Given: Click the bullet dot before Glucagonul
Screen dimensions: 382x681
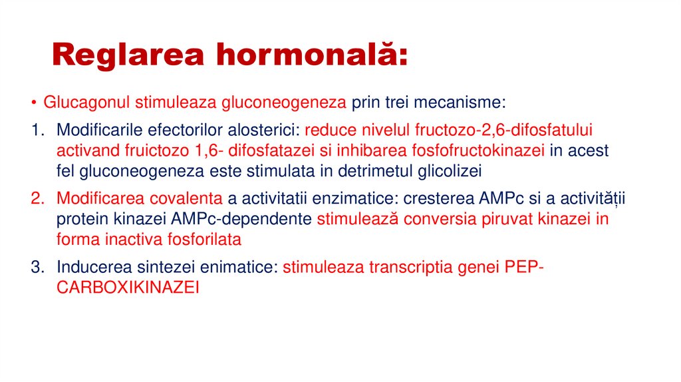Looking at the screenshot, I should (x=33, y=103).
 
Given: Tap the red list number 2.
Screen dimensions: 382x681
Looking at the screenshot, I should (x=36, y=198).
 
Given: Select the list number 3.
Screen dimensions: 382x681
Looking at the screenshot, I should (x=36, y=267).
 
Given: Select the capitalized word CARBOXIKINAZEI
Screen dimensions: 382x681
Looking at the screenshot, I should (x=128, y=288).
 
